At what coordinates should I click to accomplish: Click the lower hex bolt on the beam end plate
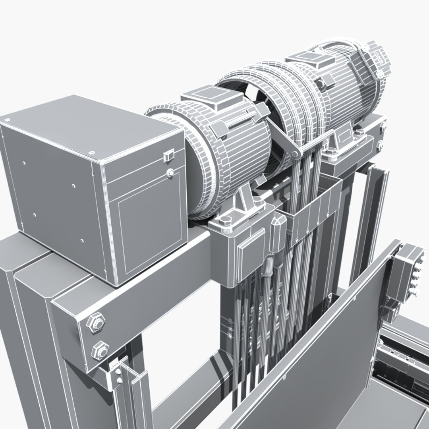(98, 350)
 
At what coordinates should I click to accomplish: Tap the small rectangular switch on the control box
(168, 156)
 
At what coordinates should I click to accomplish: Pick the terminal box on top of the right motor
(307, 61)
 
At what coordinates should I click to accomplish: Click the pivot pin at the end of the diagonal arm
(295, 153)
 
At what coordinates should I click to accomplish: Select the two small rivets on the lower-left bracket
(118, 376)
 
